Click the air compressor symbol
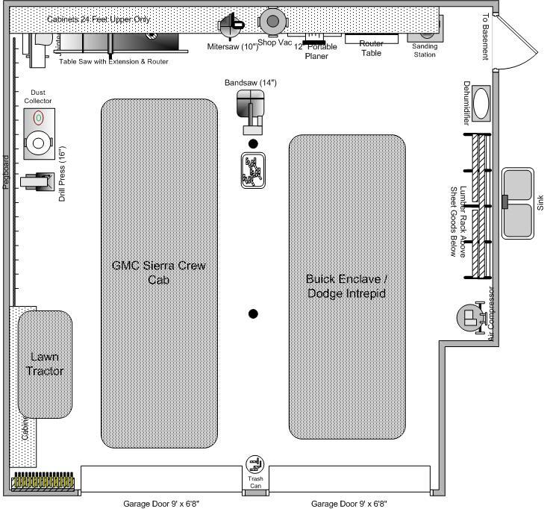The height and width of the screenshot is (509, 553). pyautogui.click(x=471, y=317)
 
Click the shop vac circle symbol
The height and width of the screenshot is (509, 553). pyautogui.click(x=272, y=21)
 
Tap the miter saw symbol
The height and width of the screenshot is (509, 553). pyautogui.click(x=231, y=25)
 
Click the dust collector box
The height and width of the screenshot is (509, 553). pyautogui.click(x=39, y=133)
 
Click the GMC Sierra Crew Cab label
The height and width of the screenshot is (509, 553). pyautogui.click(x=158, y=272)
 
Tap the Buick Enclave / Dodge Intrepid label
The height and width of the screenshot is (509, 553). pyautogui.click(x=346, y=286)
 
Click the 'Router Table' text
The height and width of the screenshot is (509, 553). pyautogui.click(x=371, y=49)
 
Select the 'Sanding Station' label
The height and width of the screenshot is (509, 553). pyautogui.click(x=425, y=51)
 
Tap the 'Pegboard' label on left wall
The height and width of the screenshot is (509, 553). pyautogui.click(x=5, y=172)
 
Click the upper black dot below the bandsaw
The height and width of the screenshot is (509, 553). pyautogui.click(x=253, y=143)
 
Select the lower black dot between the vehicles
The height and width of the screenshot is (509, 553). pyautogui.click(x=253, y=313)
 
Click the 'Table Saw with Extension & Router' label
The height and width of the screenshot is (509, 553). pyautogui.click(x=113, y=62)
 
